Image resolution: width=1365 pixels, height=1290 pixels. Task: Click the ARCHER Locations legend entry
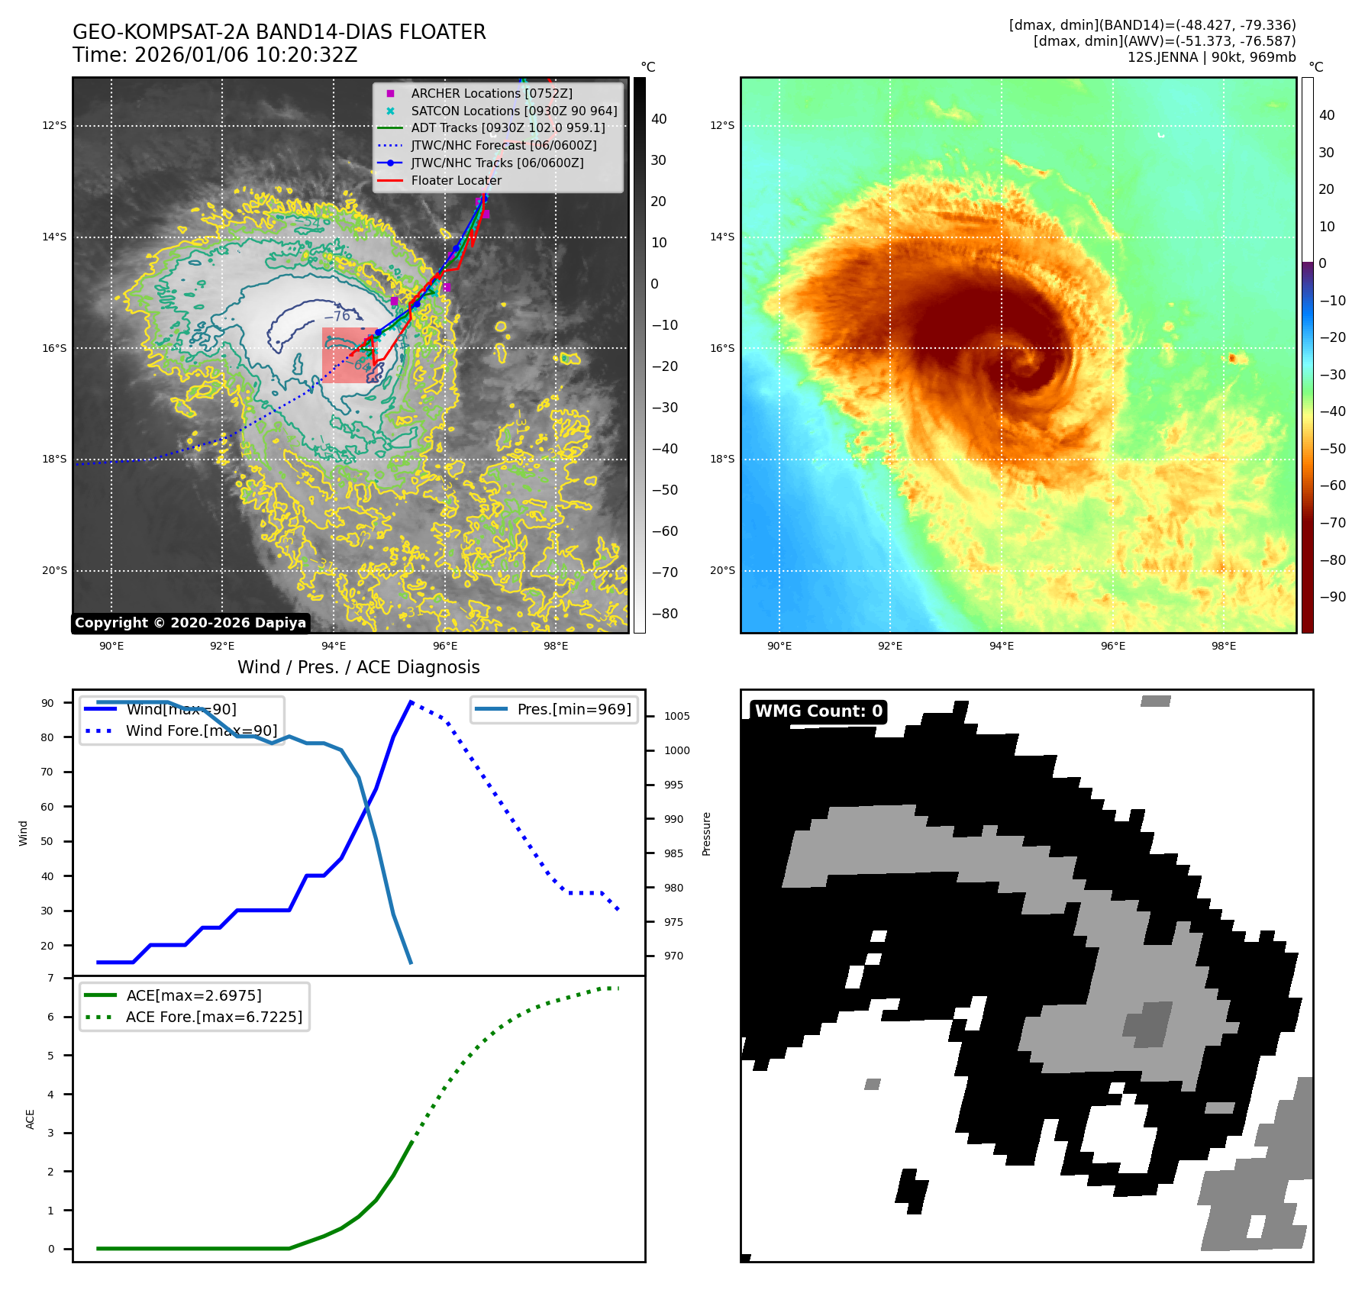click(x=491, y=93)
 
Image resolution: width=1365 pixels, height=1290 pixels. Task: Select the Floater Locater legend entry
click(x=456, y=180)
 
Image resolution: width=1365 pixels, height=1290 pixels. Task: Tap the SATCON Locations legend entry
click(x=513, y=111)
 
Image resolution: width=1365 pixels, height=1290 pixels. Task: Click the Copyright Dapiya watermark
click(x=190, y=623)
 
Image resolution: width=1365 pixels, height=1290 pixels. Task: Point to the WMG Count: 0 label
click(x=818, y=711)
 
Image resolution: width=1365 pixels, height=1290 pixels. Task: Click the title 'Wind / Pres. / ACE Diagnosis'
click(x=358, y=667)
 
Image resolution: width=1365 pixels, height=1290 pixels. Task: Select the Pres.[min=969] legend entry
click(x=573, y=709)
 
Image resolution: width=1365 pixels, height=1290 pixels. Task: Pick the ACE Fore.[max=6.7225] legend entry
click(x=214, y=1017)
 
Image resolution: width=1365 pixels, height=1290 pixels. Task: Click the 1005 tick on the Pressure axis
click(x=676, y=716)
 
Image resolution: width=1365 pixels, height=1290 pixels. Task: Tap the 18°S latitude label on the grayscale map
click(x=54, y=460)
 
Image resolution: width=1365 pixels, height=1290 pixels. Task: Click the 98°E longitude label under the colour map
click(x=1223, y=646)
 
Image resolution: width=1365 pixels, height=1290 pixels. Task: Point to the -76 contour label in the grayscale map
click(x=337, y=316)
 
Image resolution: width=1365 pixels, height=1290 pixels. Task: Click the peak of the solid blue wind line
click(x=411, y=701)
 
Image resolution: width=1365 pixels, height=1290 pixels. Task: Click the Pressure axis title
click(x=706, y=834)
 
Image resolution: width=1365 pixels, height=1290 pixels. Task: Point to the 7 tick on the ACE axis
click(x=51, y=978)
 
